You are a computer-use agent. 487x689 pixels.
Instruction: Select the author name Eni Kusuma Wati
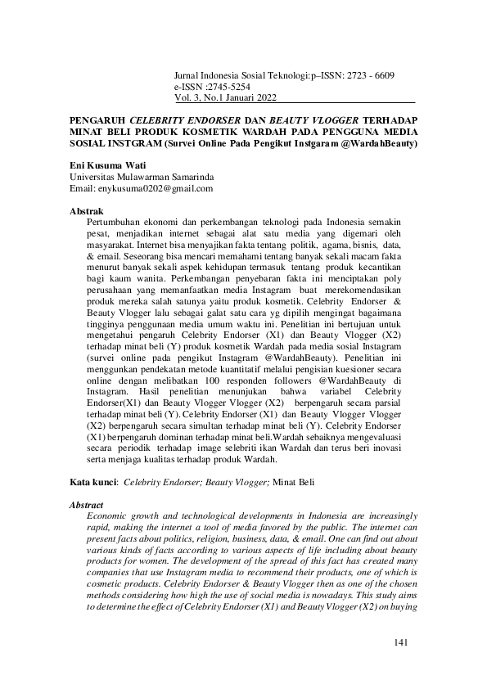click(106, 164)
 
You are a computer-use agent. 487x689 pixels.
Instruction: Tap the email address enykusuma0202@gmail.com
click(161, 187)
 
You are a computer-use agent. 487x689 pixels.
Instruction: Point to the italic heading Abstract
click(88, 505)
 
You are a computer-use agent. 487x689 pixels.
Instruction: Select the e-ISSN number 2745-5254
click(223, 86)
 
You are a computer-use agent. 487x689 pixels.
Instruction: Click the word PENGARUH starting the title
click(97, 119)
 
